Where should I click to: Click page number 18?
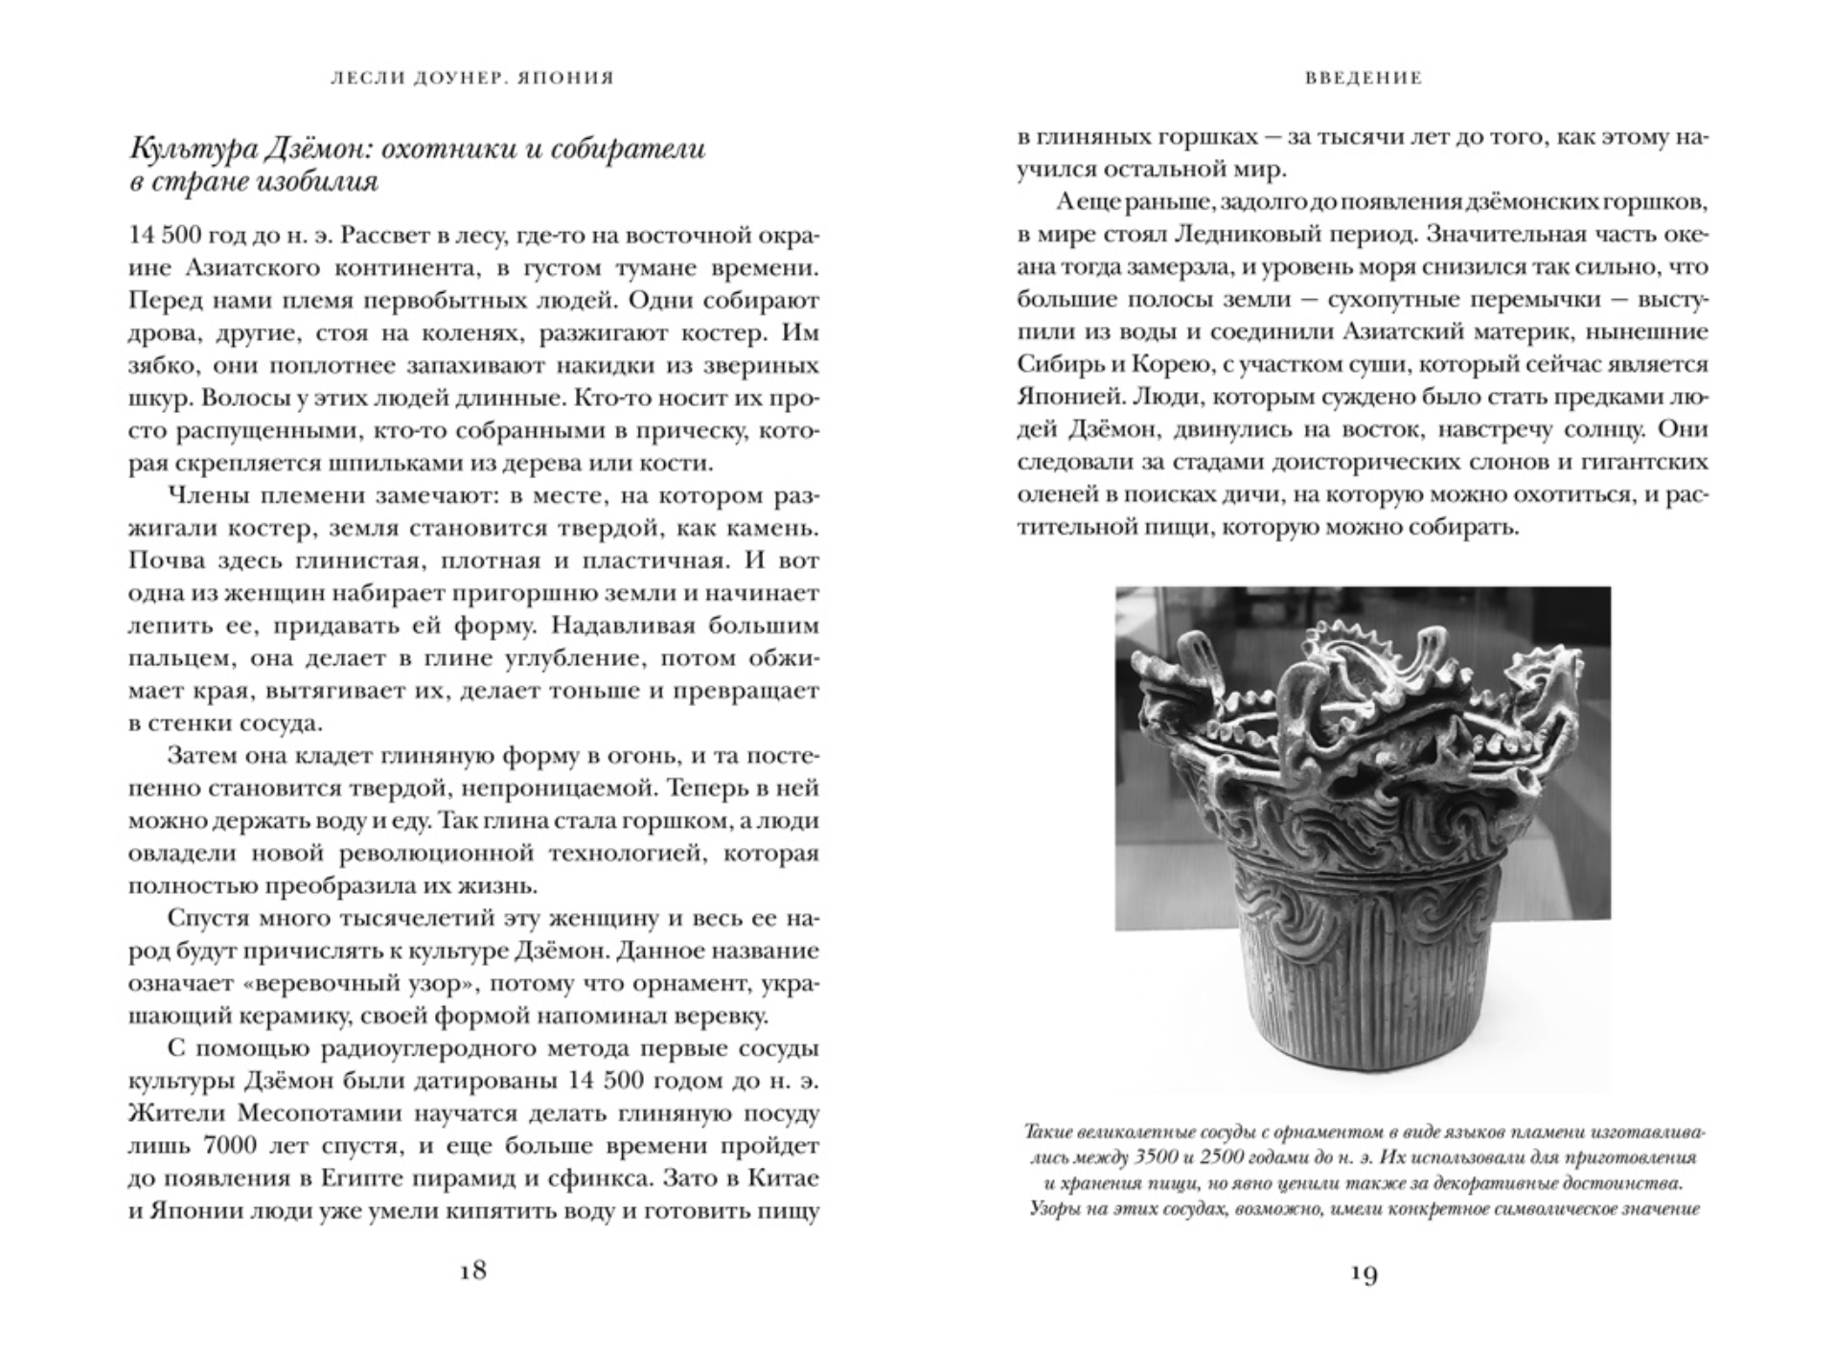(x=473, y=1270)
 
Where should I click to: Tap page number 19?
(x=1363, y=1273)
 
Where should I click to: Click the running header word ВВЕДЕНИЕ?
(x=1363, y=79)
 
